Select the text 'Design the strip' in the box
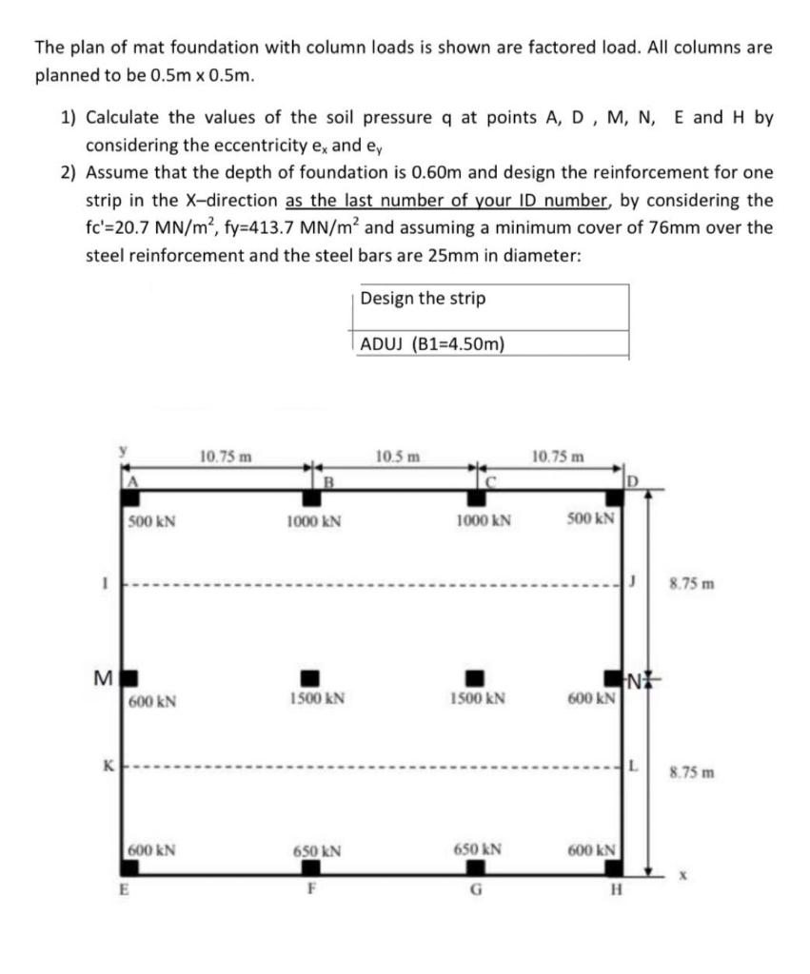424,299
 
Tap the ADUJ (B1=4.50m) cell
433,344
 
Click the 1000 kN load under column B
314,521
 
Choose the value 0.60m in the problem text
503,173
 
